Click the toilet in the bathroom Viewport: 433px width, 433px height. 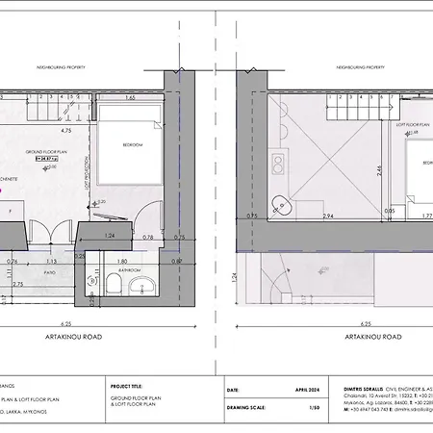click(91, 284)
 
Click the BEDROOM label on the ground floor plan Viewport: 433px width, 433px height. click(133, 144)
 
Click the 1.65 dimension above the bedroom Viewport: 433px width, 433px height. click(129, 97)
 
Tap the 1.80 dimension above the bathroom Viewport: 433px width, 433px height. click(122, 260)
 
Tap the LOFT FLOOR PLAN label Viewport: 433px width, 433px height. click(412, 125)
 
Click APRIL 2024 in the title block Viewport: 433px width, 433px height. click(305, 391)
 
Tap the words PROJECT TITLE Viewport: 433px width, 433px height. click(128, 380)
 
